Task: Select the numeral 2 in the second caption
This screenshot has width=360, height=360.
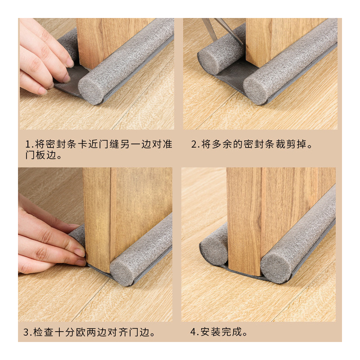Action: pyautogui.click(x=194, y=144)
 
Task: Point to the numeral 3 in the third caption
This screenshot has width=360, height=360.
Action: pyautogui.click(x=26, y=333)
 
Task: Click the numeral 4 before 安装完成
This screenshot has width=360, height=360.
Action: pyautogui.click(x=194, y=333)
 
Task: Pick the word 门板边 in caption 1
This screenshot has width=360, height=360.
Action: pyautogui.click(x=40, y=156)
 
